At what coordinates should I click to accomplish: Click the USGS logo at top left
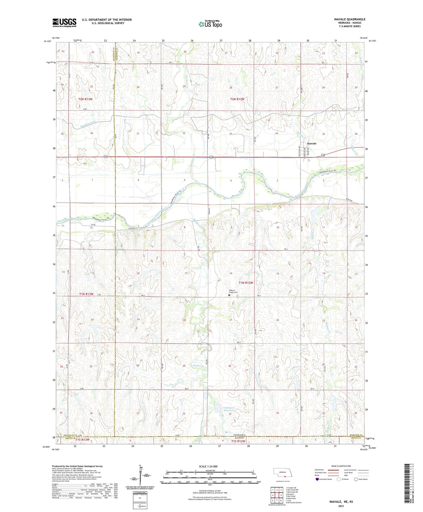pos(64,23)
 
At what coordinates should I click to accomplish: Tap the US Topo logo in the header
pos(210,24)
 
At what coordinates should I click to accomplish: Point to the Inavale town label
pos(312,143)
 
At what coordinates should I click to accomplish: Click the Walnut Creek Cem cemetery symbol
pos(229,295)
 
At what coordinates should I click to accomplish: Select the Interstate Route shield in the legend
pos(317,479)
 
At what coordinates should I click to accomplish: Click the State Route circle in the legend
pos(356,479)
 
